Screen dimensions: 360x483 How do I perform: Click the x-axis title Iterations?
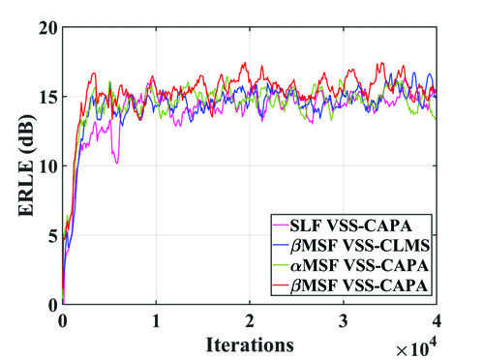tap(249, 343)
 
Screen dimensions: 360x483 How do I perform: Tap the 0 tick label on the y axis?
tap(49, 304)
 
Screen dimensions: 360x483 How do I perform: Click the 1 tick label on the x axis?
tap(156, 320)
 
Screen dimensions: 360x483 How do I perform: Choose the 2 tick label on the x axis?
tap(250, 320)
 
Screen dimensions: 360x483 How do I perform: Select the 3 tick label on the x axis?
tap(343, 320)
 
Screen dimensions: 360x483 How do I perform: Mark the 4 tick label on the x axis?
tap(437, 320)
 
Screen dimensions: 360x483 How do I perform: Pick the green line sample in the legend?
tap(286, 266)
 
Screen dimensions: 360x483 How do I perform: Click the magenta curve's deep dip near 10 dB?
tap(117, 161)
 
